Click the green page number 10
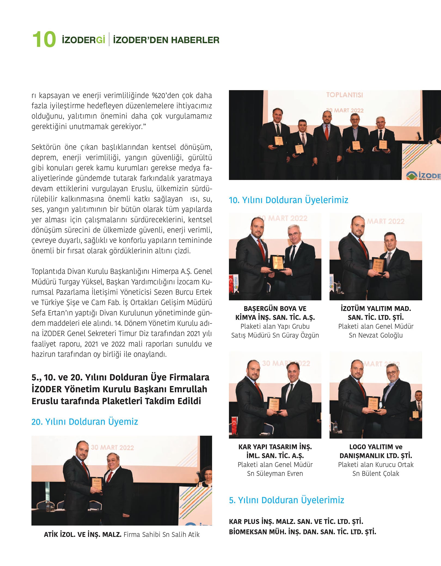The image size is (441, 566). pyautogui.click(x=44, y=40)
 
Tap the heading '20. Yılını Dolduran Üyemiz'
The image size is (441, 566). pyautogui.click(x=85, y=422)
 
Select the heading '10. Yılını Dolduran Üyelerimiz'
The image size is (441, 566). pyautogui.click(x=288, y=200)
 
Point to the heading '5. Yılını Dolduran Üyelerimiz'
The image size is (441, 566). pyautogui.click(x=286, y=500)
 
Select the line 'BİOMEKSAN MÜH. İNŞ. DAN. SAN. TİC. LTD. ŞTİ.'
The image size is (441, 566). pyautogui.click(x=302, y=532)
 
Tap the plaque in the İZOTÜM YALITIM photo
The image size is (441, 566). pyautogui.click(x=378, y=265)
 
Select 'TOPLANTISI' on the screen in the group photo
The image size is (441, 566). pyautogui.click(x=344, y=95)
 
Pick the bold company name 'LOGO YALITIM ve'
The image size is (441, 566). pyautogui.click(x=376, y=447)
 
